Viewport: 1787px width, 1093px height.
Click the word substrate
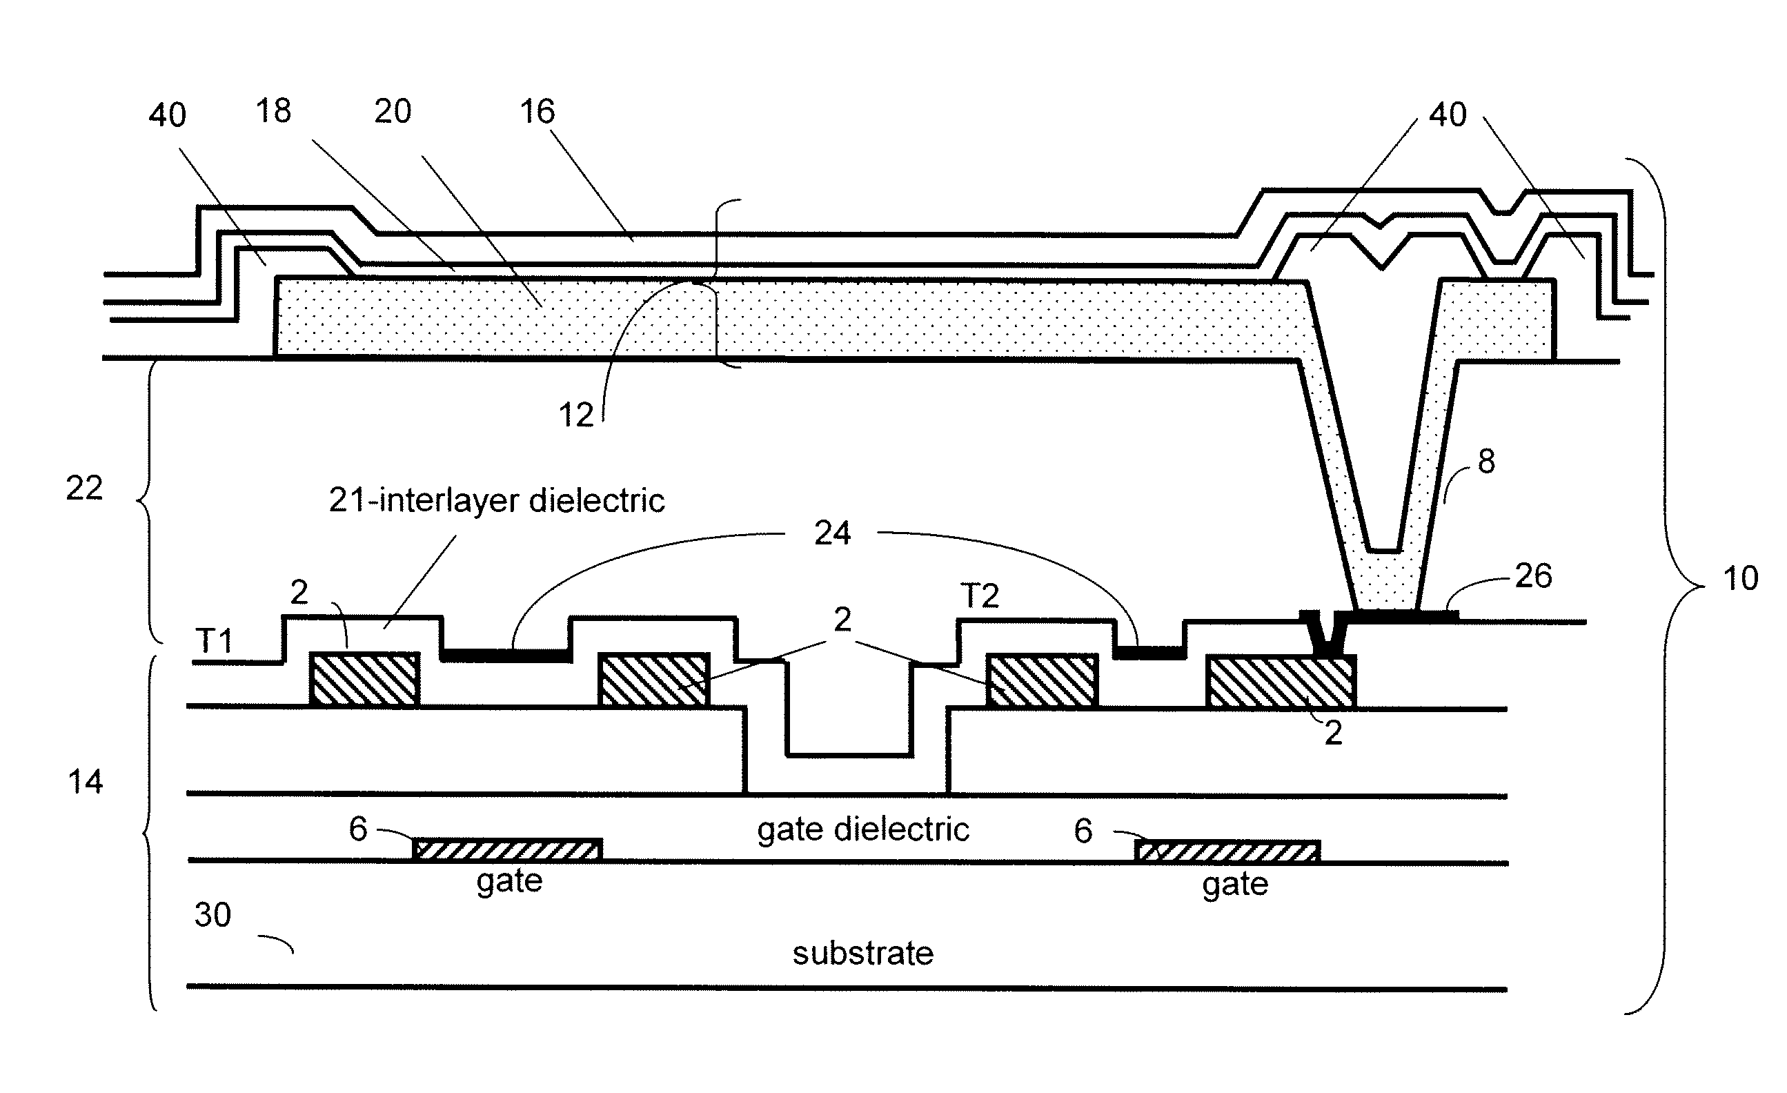862,953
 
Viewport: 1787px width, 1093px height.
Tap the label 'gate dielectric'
863,829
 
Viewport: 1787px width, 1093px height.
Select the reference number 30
213,915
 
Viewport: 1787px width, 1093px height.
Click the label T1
214,641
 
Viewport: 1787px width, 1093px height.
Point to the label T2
980,596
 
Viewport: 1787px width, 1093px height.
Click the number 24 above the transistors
832,533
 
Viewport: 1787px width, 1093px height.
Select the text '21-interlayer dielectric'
497,500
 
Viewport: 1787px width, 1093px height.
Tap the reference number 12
576,415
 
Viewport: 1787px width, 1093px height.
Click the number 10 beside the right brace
1740,578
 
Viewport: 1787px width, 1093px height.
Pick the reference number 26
1533,576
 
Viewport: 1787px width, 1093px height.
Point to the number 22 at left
84,488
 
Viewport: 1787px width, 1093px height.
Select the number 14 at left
85,782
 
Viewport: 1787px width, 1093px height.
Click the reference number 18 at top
273,111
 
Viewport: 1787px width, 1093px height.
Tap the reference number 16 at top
537,112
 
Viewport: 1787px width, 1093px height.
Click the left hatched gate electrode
508,849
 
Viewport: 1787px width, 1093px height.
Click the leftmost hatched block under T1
365,679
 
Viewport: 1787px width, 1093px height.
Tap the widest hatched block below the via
1281,681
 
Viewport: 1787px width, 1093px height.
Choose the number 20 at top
393,111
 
